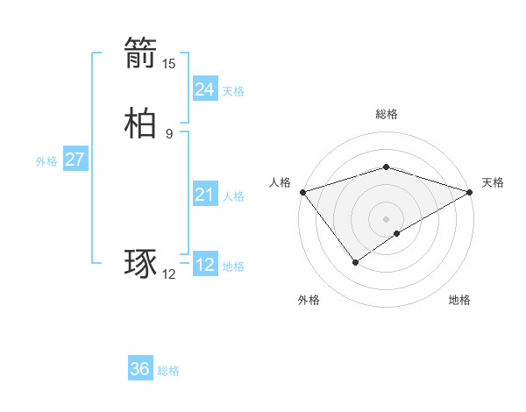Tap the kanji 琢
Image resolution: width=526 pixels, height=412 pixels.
pyautogui.click(x=140, y=265)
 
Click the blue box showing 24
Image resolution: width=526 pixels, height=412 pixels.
pyautogui.click(x=204, y=89)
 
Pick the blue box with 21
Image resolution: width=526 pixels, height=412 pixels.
pyautogui.click(x=204, y=195)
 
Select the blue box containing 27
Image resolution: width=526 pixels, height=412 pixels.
pyautogui.click(x=75, y=160)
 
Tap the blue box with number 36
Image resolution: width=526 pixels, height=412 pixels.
pyautogui.click(x=140, y=369)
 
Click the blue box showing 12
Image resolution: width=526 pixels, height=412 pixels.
pyautogui.click(x=204, y=265)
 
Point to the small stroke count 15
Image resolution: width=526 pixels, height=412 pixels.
pyautogui.click(x=169, y=63)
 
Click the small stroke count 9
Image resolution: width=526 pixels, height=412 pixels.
pyautogui.click(x=169, y=133)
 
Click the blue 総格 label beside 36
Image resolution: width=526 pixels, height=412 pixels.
pyautogui.click(x=168, y=371)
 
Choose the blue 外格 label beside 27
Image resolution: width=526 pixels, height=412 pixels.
pyautogui.click(x=46, y=161)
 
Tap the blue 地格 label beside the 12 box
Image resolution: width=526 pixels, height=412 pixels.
pyautogui.click(x=233, y=266)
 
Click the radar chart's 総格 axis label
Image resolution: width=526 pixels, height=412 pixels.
pyautogui.click(x=387, y=114)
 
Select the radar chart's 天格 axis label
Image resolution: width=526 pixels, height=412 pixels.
pyautogui.click(x=493, y=182)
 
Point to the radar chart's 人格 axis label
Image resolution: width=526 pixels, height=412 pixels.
pyautogui.click(x=281, y=182)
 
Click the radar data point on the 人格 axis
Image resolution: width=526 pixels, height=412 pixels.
pyautogui.click(x=302, y=192)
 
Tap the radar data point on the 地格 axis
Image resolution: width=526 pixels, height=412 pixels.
pyautogui.click(x=397, y=233)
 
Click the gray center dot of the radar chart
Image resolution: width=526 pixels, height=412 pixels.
pyautogui.click(x=387, y=219)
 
